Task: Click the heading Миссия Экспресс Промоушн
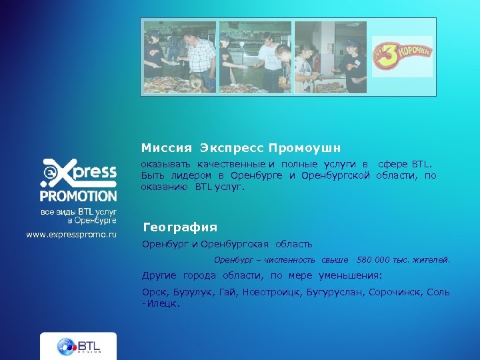click(x=241, y=147)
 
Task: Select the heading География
click(x=180, y=227)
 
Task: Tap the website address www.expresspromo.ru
click(x=71, y=235)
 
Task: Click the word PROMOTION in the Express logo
click(x=78, y=196)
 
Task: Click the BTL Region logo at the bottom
click(x=78, y=346)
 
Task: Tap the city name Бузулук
click(x=193, y=292)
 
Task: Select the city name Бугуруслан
click(x=337, y=292)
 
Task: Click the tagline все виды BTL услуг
click(x=78, y=211)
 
